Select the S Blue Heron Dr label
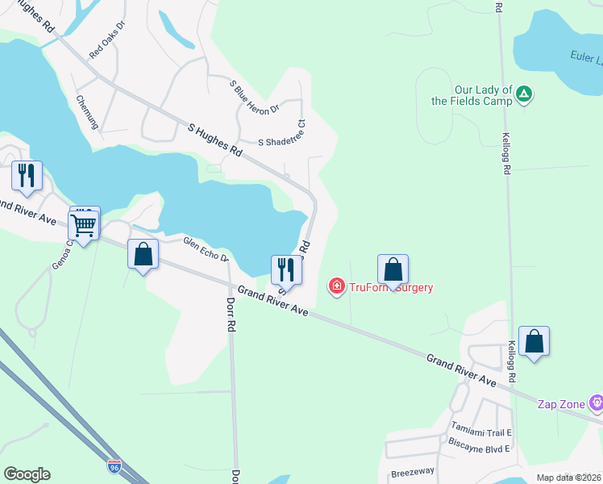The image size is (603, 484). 254,96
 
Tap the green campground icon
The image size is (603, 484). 524,95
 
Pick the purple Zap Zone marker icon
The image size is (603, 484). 596,402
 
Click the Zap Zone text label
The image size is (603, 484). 563,403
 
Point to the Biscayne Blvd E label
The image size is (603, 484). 480,449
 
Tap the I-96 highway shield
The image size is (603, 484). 116,466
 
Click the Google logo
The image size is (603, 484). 27,474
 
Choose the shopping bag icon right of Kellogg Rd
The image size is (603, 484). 534,341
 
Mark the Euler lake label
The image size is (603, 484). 588,58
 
